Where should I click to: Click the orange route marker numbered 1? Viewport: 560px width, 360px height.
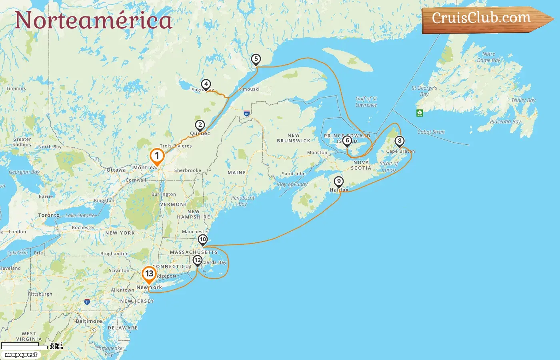[x=157, y=156]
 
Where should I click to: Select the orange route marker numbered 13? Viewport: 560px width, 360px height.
[x=149, y=274]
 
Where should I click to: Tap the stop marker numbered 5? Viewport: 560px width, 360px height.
[x=256, y=59]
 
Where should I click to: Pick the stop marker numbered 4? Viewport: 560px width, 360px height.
[x=206, y=84]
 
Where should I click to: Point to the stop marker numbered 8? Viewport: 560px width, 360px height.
[x=399, y=141]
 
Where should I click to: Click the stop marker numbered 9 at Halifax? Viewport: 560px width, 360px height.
[x=339, y=182]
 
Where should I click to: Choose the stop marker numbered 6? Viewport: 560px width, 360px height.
[x=347, y=140]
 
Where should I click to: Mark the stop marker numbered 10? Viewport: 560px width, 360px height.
[x=203, y=240]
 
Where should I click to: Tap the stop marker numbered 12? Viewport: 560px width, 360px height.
[x=198, y=260]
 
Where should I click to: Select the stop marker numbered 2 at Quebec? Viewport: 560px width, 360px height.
[x=200, y=125]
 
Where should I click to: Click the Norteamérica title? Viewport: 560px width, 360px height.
[x=94, y=20]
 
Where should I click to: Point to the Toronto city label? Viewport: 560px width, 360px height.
[x=49, y=215]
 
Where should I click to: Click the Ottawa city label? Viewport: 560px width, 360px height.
[x=116, y=170]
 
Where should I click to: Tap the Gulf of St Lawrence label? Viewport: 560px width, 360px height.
[x=366, y=102]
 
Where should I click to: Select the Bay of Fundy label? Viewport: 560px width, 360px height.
[x=293, y=184]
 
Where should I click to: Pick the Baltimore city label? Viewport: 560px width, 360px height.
[x=89, y=321]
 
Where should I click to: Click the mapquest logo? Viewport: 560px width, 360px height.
[x=21, y=355]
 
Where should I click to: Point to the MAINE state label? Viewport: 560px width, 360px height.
[x=236, y=173]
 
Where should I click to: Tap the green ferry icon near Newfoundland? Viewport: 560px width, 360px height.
[x=420, y=113]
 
